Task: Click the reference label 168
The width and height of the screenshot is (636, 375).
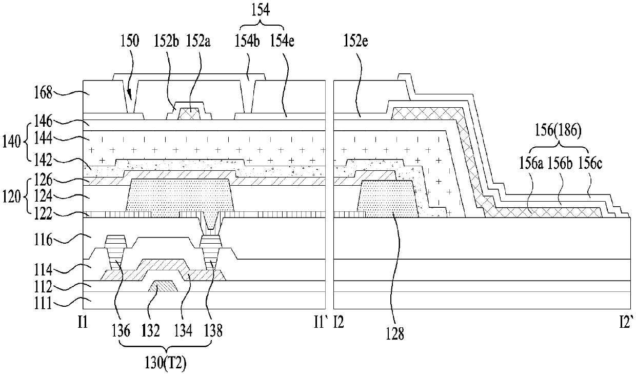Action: click(43, 93)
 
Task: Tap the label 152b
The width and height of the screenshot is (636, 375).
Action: click(166, 41)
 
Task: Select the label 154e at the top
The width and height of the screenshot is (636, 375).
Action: click(282, 41)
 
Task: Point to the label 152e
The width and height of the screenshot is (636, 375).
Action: click(356, 41)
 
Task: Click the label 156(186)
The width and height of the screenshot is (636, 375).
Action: click(558, 131)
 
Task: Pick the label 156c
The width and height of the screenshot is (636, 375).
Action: click(590, 164)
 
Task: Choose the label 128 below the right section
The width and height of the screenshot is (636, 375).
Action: click(394, 333)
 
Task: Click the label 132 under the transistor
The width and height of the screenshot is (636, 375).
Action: click(150, 331)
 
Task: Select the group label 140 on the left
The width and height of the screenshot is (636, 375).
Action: click(11, 142)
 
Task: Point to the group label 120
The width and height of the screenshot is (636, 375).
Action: click(11, 196)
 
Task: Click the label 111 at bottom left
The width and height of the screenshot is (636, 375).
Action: click(43, 304)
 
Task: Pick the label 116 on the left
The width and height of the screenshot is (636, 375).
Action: click(43, 240)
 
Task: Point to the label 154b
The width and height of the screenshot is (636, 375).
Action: click(247, 41)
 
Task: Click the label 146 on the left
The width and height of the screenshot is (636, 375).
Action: click(43, 121)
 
